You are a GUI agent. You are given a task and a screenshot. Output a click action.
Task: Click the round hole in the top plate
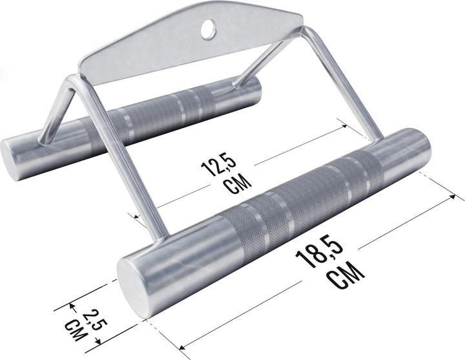pos(209,27)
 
